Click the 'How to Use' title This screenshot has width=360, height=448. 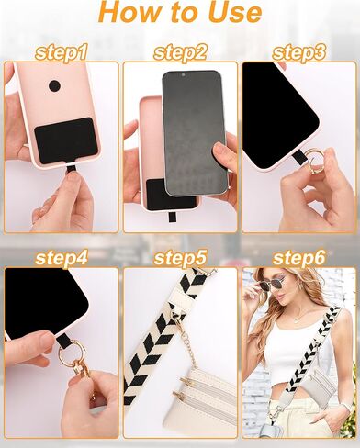(179, 14)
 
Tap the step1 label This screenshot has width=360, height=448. (61, 52)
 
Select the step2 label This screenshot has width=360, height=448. (180, 52)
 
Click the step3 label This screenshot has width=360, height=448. (299, 52)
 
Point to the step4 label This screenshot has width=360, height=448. (61, 258)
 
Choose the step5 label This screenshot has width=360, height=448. (180, 258)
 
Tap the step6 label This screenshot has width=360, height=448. (299, 258)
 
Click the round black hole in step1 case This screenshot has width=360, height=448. (54, 86)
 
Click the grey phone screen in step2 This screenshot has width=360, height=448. (194, 129)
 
